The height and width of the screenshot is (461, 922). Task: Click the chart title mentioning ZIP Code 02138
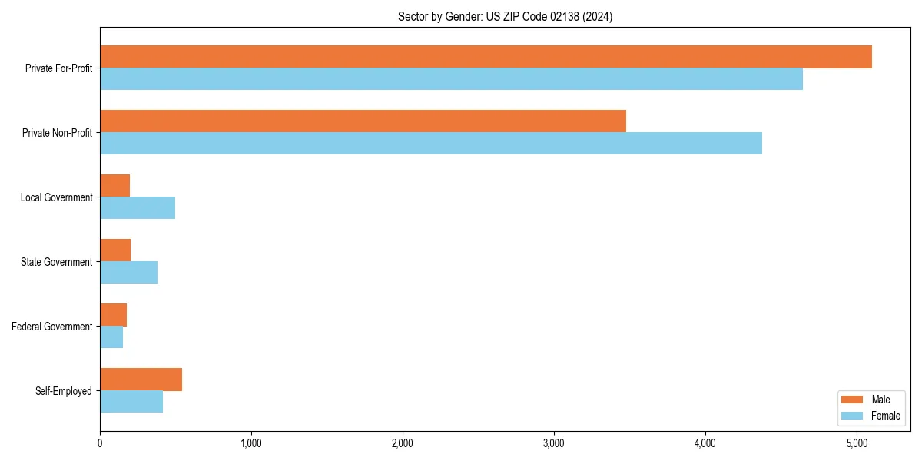pyautogui.click(x=505, y=16)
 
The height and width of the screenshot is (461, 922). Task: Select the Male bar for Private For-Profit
pyautogui.click(x=486, y=57)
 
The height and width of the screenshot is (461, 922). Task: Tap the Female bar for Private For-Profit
pyautogui.click(x=451, y=79)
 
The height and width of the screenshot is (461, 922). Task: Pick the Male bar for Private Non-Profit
pyautogui.click(x=363, y=121)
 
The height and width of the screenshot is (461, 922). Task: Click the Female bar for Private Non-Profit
pyautogui.click(x=431, y=144)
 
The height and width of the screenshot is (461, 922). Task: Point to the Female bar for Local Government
pyautogui.click(x=138, y=208)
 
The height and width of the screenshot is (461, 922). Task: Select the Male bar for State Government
pyautogui.click(x=115, y=250)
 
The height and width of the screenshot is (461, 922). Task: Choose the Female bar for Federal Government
pyautogui.click(x=111, y=337)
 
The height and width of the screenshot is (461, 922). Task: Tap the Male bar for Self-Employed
pyautogui.click(x=141, y=380)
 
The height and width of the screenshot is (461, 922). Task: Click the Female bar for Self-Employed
pyautogui.click(x=131, y=402)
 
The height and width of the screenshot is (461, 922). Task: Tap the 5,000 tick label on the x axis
pyautogui.click(x=857, y=443)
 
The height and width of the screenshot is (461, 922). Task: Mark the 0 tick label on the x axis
pyautogui.click(x=100, y=443)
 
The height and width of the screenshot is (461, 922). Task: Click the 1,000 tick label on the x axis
pyautogui.click(x=251, y=443)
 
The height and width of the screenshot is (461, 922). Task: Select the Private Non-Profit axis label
pyautogui.click(x=57, y=133)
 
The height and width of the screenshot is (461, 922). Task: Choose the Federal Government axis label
pyautogui.click(x=52, y=327)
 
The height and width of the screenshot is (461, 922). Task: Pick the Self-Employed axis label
pyautogui.click(x=64, y=391)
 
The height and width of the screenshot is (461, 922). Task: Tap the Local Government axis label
pyautogui.click(x=56, y=197)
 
